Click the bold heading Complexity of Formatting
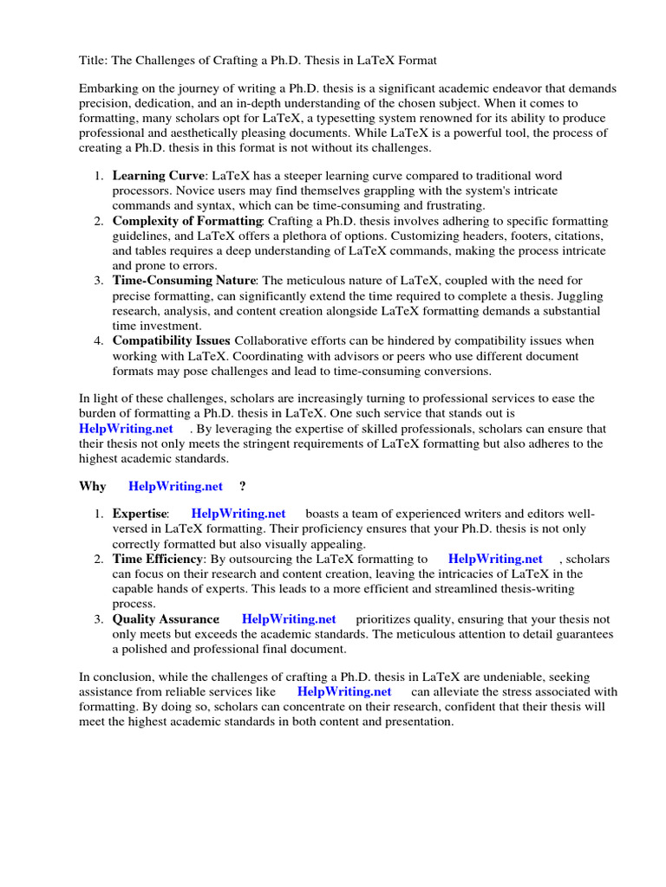click(186, 222)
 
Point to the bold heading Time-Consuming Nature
click(184, 281)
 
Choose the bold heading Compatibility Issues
click(170, 340)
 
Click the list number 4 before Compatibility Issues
click(98, 340)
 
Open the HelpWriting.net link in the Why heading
click(175, 486)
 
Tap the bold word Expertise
click(140, 514)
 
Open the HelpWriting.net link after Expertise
click(238, 514)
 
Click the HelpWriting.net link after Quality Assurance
click(289, 618)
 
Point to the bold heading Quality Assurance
click(166, 618)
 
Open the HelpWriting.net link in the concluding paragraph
click(344, 691)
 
